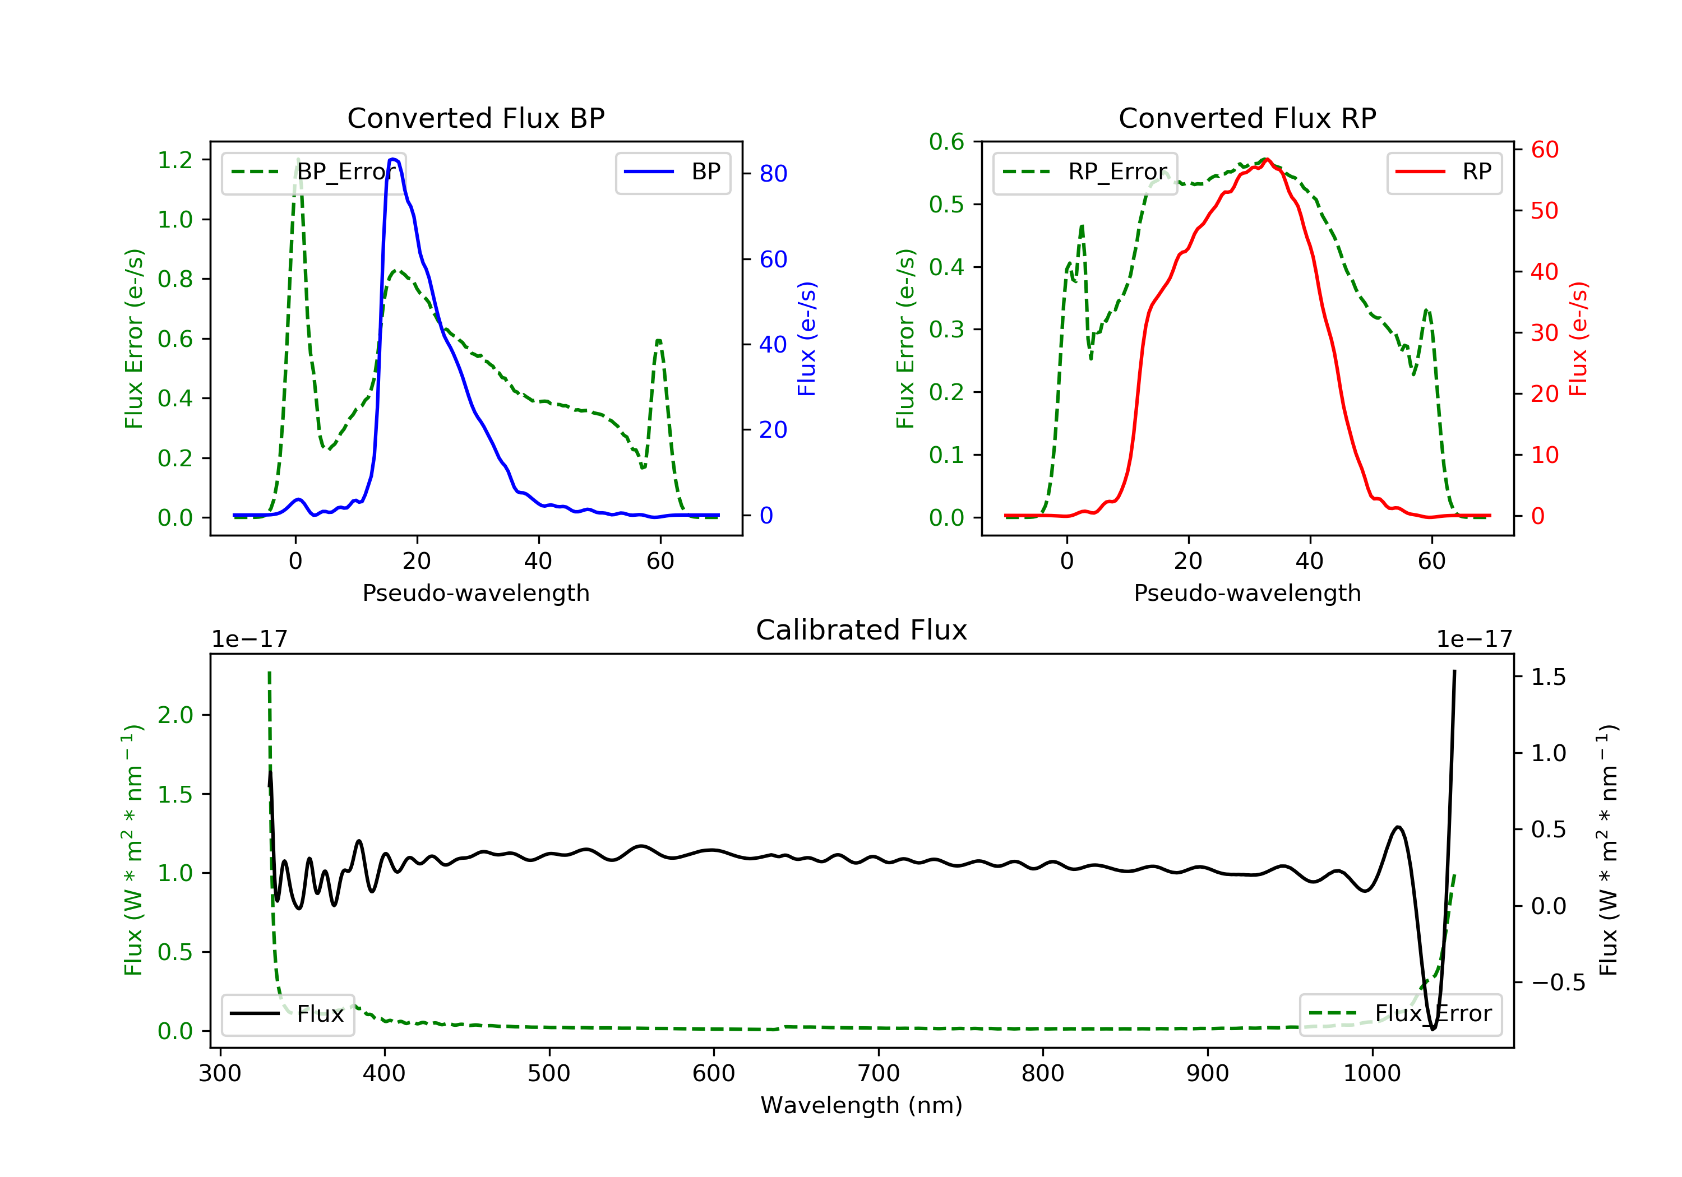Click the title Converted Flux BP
pos(475,118)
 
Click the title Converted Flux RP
pos(1247,118)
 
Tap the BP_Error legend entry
pos(313,172)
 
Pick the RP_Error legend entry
pos(1085,172)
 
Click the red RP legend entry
pos(1444,172)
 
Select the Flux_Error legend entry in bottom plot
pos(1400,1014)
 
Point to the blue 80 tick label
pos(773,174)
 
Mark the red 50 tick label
pos(1544,211)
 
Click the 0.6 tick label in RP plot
pos(946,141)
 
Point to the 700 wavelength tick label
pos(879,1074)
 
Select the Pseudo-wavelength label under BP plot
pos(475,592)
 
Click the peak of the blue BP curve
pos(394,159)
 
